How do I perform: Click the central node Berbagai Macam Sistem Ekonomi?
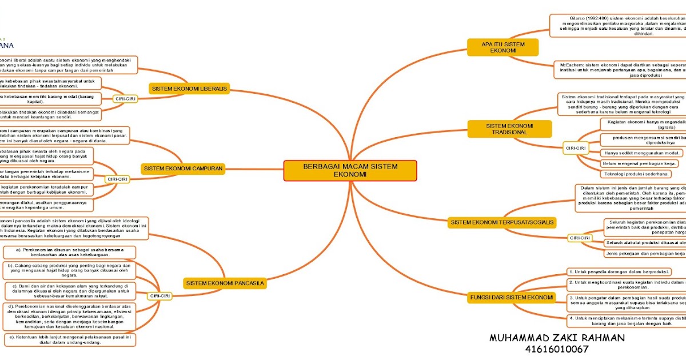(x=350, y=170)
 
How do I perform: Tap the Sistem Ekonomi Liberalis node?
(x=189, y=89)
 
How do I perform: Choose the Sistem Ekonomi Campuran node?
(x=182, y=169)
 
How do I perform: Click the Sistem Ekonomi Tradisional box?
(x=509, y=129)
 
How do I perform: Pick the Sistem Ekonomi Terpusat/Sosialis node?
(x=502, y=222)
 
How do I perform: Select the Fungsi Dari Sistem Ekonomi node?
(x=512, y=298)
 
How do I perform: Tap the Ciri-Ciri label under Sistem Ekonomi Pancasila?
(x=160, y=296)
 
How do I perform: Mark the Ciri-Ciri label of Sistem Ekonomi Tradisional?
(x=576, y=148)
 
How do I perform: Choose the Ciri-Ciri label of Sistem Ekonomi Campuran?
(x=118, y=179)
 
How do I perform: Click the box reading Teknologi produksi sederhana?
(x=636, y=174)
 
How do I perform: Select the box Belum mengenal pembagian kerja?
(x=637, y=163)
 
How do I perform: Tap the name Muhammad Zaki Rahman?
(x=557, y=338)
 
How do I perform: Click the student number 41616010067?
(x=556, y=349)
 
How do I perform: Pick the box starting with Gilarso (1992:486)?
(x=617, y=26)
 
